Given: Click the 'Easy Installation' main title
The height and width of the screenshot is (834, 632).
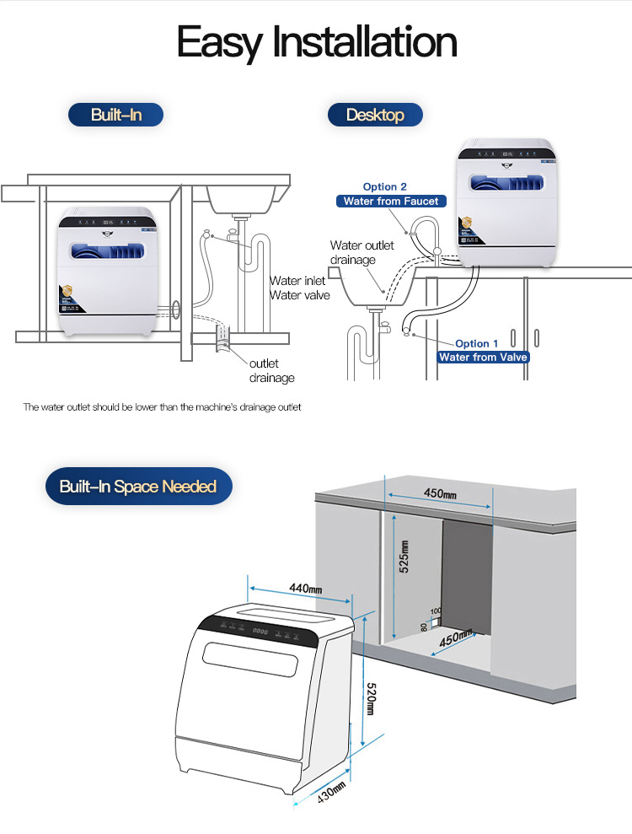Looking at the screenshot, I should [x=317, y=42].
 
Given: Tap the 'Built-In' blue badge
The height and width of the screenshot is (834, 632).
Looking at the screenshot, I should [x=115, y=115].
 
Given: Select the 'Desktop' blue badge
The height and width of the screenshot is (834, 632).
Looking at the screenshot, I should [x=375, y=115].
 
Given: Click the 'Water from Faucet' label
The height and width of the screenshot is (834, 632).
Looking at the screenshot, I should [x=390, y=202].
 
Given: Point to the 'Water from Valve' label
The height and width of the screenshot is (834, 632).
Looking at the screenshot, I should [x=484, y=357].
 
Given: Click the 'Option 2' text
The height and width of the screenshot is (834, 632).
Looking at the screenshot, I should [x=385, y=186].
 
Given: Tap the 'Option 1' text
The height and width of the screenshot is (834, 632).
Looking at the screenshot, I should [x=477, y=343].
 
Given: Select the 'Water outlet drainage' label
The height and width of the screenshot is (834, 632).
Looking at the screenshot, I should [x=362, y=252].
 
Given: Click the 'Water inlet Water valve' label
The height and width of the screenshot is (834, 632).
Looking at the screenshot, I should [x=297, y=288].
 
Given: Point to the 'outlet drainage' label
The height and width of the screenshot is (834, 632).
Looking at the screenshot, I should [x=271, y=370].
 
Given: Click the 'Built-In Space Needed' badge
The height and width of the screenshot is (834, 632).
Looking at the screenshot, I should [x=138, y=487].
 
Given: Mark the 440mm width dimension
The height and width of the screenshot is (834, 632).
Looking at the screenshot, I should [x=305, y=588].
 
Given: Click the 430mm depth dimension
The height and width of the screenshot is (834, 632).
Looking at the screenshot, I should [x=331, y=793].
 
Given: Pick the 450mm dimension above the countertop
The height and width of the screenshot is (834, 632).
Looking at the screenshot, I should [x=439, y=493].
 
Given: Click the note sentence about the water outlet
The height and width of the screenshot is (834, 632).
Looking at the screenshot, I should [x=162, y=407].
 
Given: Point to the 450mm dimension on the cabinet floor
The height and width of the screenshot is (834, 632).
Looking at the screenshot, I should [x=453, y=638].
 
